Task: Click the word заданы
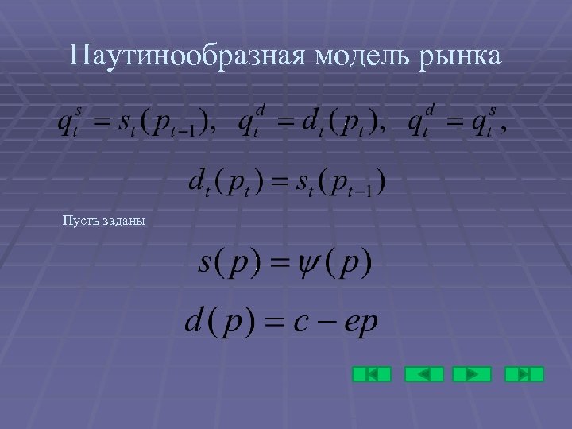123,220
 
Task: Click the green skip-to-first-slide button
372,374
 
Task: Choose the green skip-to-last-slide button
524,374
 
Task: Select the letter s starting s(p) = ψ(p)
205,263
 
